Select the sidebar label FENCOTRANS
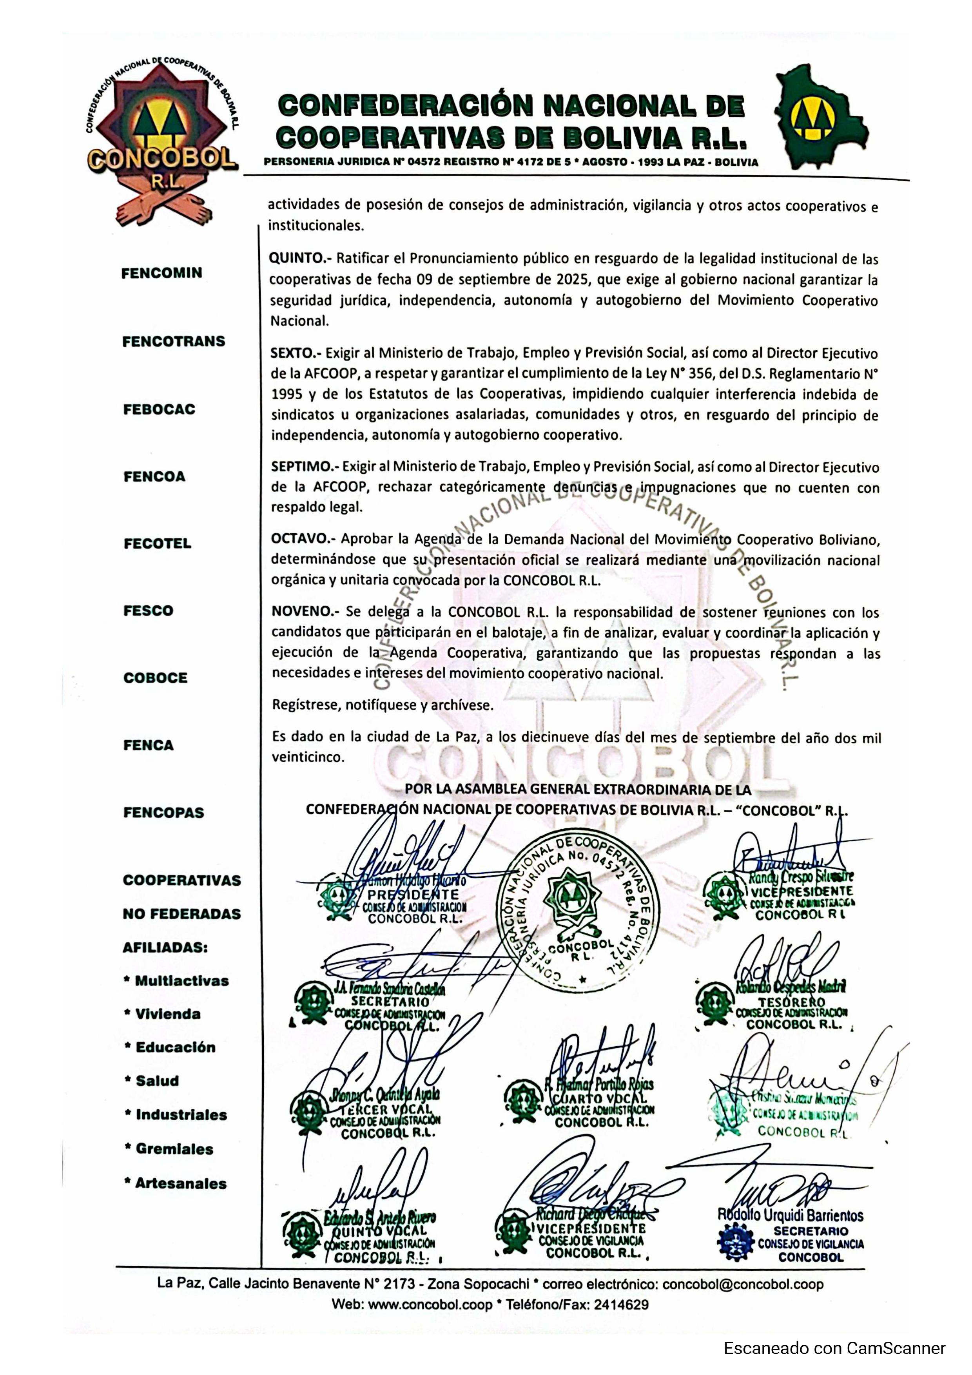174,341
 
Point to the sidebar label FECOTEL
157,544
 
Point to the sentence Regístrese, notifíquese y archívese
383,705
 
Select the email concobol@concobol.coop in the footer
743,1284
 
